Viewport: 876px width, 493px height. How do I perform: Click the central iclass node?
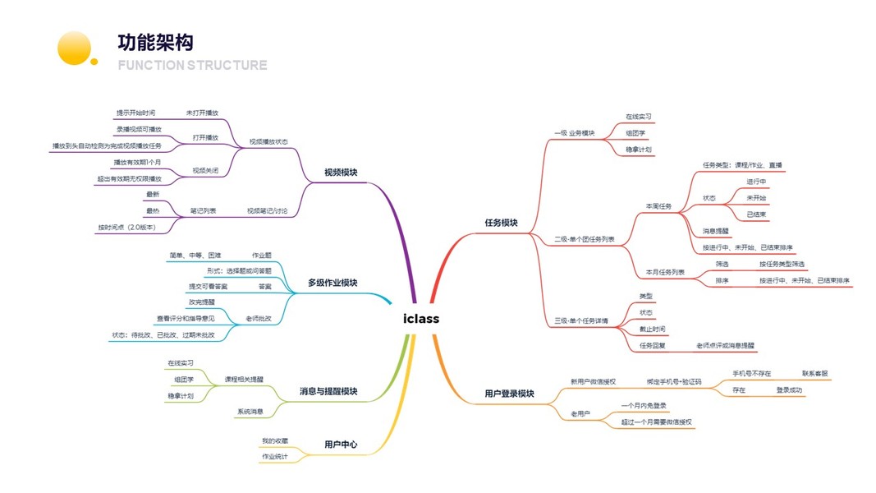pos(421,319)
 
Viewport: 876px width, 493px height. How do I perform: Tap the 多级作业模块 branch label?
pos(333,283)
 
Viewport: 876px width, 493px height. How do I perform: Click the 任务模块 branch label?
pos(502,223)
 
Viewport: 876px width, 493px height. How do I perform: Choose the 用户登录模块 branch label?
pos(509,394)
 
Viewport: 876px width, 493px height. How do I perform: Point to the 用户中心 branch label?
pos(341,445)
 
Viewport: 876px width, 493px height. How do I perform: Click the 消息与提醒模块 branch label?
pos(328,391)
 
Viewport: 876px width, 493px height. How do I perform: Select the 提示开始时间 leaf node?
pos(135,113)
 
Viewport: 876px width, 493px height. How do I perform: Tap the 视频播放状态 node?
pos(268,142)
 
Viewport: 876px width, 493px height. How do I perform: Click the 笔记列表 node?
pos(203,210)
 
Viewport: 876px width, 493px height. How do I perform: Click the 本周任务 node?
pos(659,206)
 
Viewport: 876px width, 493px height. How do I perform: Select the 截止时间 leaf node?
pos(653,329)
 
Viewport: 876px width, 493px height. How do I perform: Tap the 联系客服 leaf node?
pos(815,373)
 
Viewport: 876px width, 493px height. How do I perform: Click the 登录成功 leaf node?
pos(789,390)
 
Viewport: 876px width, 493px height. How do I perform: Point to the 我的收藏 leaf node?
pos(275,441)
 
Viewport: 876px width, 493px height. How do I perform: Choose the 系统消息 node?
pos(250,411)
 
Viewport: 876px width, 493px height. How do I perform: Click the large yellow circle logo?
pos(74,48)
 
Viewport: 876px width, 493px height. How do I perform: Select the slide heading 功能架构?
pos(155,43)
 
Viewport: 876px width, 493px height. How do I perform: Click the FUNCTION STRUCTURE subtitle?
pos(193,65)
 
